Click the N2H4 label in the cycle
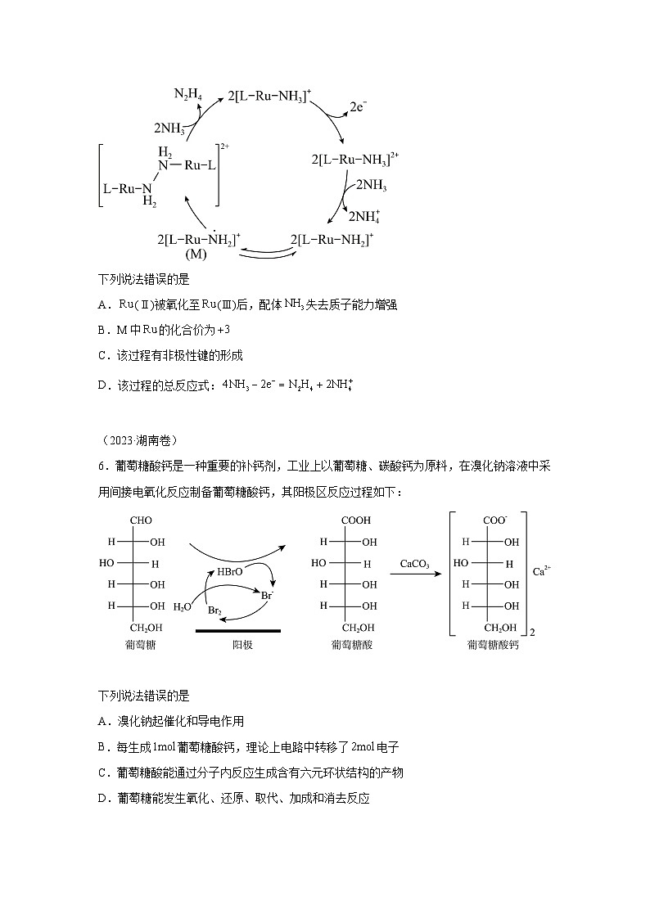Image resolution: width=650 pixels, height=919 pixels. (187, 94)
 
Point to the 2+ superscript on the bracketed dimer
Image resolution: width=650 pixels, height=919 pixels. (225, 146)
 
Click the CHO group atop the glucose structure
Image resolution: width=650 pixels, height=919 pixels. (141, 520)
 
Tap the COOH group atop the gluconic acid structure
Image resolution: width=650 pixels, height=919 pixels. (357, 520)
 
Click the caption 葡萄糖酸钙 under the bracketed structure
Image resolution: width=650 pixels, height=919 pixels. (493, 645)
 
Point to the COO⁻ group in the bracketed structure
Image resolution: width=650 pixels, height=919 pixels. (494, 520)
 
